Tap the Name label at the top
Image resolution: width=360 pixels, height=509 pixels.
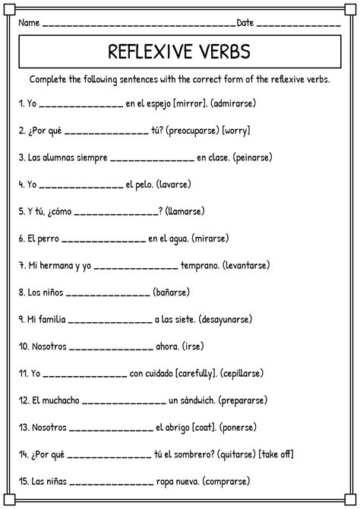click(x=29, y=22)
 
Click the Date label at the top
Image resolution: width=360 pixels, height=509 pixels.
click(x=245, y=22)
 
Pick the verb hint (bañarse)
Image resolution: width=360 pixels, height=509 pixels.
click(x=171, y=291)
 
